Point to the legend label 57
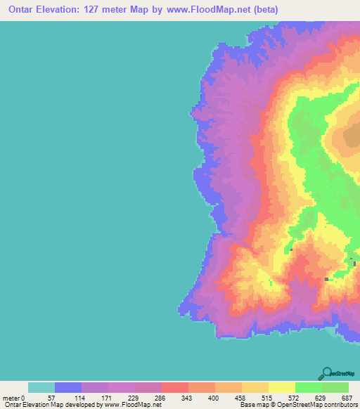click(x=54, y=397)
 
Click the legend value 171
click(x=108, y=397)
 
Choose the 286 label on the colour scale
click(x=161, y=397)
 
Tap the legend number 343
click(x=188, y=397)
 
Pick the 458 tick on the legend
click(x=241, y=397)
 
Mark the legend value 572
click(x=295, y=397)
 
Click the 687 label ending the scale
click(x=347, y=397)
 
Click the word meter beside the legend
click(x=12, y=397)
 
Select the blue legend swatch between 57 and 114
click(x=68, y=387)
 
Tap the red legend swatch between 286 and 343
click(x=175, y=387)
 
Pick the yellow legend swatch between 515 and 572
click(x=281, y=387)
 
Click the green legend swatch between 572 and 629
click(x=308, y=387)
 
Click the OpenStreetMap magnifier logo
click(x=326, y=373)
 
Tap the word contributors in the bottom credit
click(x=340, y=405)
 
